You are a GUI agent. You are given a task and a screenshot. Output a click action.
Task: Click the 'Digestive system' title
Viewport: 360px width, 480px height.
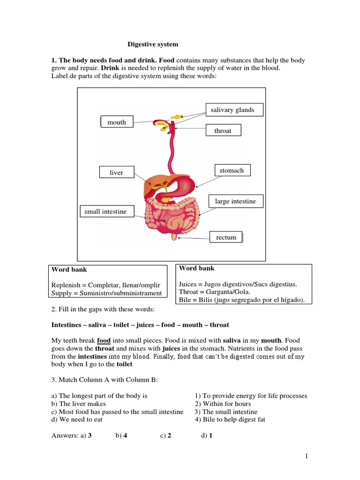(153, 45)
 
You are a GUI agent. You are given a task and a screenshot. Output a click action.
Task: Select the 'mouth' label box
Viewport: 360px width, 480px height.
(117, 122)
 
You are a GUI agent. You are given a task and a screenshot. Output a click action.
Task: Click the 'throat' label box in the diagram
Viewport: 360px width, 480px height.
(223, 130)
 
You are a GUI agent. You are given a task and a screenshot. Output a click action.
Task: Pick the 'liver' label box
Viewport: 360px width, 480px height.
(117, 172)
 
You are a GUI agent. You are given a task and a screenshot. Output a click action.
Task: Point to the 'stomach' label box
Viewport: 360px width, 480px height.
(232, 170)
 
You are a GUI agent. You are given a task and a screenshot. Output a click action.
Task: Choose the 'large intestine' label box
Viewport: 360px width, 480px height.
(235, 201)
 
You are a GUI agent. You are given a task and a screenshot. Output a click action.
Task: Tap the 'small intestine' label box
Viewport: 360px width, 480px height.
(106, 211)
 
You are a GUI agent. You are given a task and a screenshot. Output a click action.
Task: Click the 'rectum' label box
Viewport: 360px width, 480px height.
(226, 237)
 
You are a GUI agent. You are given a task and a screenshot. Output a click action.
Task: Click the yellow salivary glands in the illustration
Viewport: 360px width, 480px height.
(176, 116)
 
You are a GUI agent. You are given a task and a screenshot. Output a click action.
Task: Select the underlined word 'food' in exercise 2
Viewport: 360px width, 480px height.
(103, 340)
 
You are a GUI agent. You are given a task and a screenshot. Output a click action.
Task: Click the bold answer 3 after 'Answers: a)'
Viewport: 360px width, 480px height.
(90, 435)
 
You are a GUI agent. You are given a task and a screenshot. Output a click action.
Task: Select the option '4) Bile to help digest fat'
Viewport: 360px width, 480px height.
(230, 419)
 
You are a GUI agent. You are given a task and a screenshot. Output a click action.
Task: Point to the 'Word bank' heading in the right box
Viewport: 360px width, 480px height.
(196, 268)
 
